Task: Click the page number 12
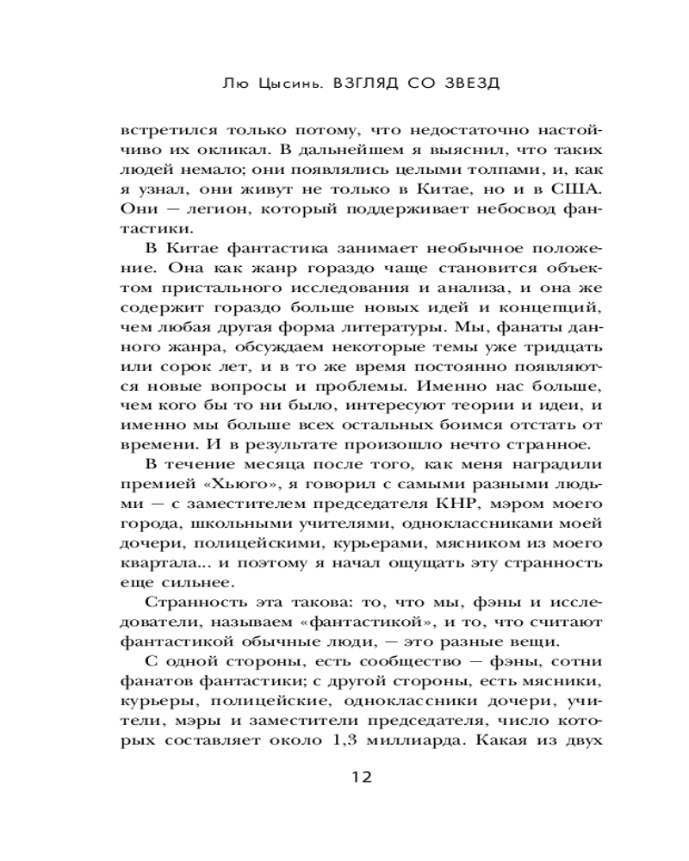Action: point(361,777)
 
